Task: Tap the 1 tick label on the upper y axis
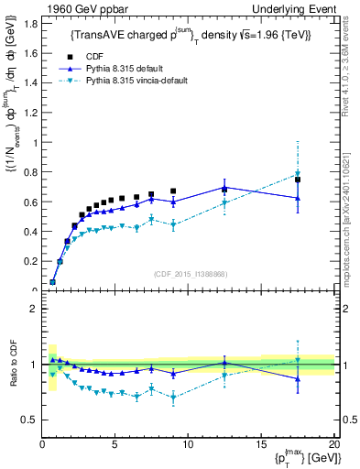point(34,142)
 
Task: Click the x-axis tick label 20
point(333,443)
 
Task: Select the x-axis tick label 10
point(188,443)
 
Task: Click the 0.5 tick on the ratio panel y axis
point(28,420)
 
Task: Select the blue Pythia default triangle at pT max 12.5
point(224,187)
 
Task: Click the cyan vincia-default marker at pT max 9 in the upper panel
point(174,224)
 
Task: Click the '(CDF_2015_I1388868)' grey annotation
point(189,276)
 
